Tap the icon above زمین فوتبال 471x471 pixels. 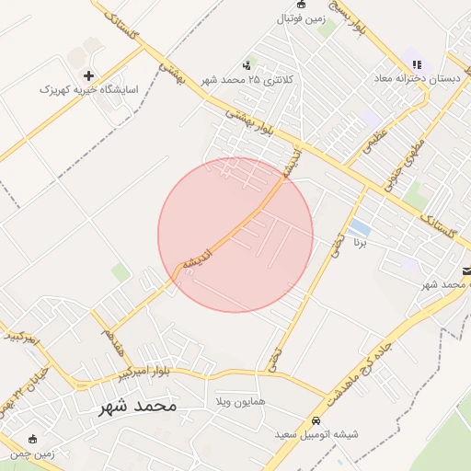pos(301,5)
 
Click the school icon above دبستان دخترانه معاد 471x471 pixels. pos(417,64)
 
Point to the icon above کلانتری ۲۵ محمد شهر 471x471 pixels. pos(247,65)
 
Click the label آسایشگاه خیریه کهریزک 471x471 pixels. pos(88,90)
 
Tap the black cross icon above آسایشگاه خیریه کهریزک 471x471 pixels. pos(88,75)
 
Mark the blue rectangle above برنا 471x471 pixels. pos(361,227)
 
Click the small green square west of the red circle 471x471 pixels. pos(121,271)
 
